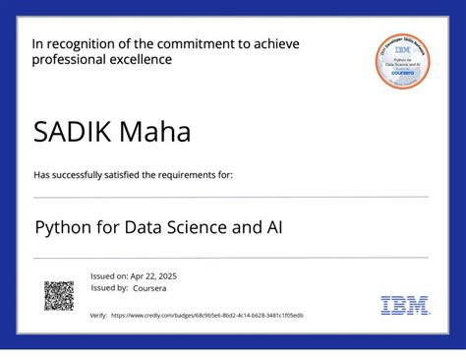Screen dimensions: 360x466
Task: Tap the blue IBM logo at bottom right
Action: [403, 305]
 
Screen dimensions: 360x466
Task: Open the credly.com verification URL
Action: [206, 316]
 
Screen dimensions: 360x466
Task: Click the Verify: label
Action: [98, 316]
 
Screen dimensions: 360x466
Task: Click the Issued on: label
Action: [107, 276]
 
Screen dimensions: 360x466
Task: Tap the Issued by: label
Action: [108, 288]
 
